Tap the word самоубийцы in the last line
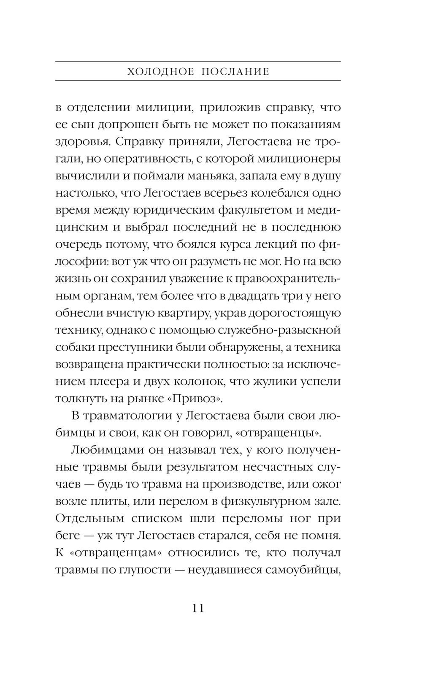302,570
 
